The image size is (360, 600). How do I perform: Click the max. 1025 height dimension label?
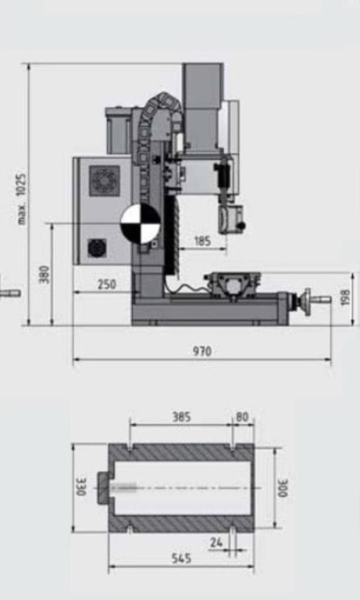[21, 199]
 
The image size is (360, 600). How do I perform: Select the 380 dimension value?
[45, 275]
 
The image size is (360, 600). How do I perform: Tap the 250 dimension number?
[107, 285]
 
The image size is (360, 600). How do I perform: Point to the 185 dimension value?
[201, 241]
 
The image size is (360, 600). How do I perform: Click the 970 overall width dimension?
[201, 352]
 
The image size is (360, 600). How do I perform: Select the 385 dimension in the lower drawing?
[181, 417]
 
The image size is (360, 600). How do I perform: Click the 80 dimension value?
[242, 417]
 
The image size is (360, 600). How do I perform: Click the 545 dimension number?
[181, 559]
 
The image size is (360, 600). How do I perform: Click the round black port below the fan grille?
[97, 248]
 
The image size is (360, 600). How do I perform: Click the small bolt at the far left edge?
[10, 292]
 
